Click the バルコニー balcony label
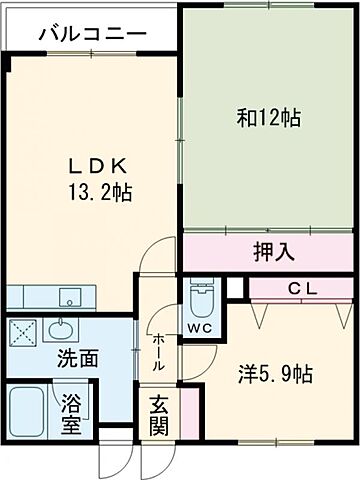tap(92, 35)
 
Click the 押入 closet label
tap(271, 253)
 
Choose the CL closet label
tap(303, 288)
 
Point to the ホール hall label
tap(159, 352)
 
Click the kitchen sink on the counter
tap(71, 297)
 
